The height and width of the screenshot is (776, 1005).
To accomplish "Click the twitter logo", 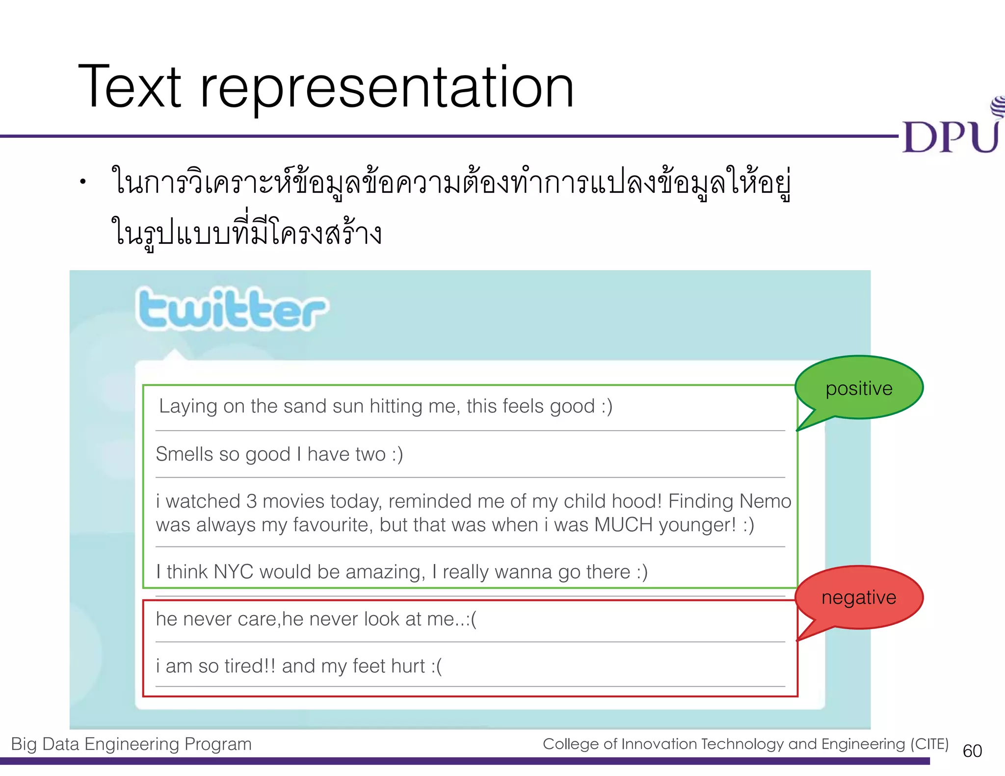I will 232,309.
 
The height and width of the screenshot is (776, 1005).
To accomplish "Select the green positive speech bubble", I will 859,388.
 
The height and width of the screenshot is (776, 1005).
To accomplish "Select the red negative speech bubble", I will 859,597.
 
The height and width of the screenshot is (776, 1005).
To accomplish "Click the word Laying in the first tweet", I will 188,407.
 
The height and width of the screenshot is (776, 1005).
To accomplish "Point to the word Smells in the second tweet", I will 184,454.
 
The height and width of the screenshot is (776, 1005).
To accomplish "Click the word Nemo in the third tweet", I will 765,501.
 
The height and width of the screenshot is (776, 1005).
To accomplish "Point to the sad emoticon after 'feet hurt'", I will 436,666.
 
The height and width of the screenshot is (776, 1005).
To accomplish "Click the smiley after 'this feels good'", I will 607,407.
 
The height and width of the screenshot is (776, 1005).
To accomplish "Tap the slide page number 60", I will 972,751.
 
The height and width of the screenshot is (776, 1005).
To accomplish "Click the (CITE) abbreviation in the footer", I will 929,744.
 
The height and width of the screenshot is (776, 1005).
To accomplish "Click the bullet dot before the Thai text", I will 83,182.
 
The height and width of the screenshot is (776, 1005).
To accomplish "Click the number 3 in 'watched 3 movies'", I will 251,501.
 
